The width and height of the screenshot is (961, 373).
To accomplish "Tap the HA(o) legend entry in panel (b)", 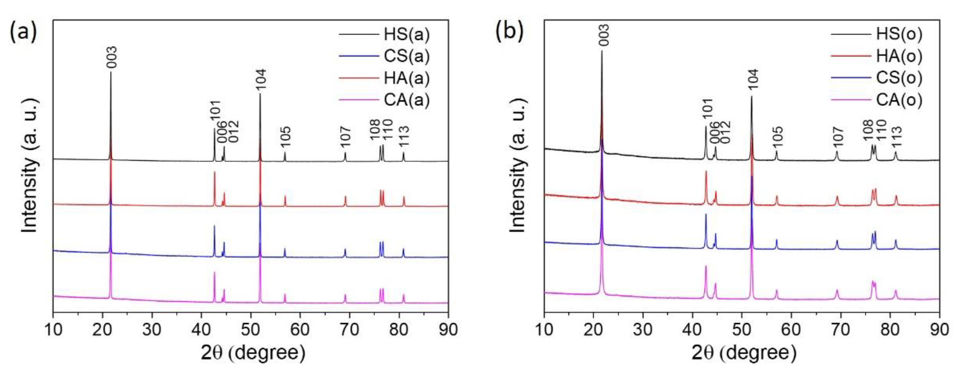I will pos(899,56).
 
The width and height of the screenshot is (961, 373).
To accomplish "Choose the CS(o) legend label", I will pos(899,78).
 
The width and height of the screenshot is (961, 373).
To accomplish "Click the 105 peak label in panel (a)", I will pos(285,138).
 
